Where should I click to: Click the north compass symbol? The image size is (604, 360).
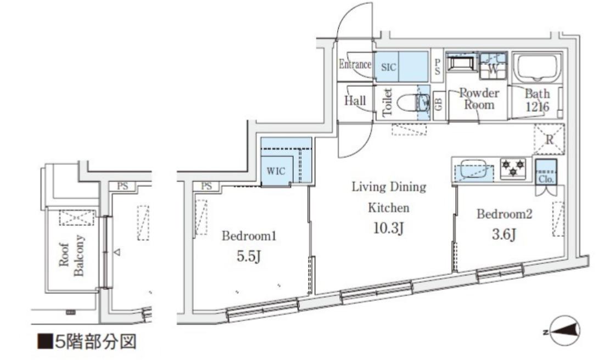564,331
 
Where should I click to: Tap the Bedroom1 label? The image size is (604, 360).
249,235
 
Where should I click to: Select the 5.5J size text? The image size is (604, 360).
249,256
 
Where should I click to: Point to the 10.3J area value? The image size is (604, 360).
388,228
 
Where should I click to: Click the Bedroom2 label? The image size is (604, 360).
504,213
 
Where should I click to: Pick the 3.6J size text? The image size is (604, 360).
504,234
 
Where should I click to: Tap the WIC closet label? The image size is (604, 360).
276,171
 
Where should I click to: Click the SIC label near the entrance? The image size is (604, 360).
388,67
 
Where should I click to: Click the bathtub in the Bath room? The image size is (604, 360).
538,69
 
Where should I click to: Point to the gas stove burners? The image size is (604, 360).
513,168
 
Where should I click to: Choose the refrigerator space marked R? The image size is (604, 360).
549,139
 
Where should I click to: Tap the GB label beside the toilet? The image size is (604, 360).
439,104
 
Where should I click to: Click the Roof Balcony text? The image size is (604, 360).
71,256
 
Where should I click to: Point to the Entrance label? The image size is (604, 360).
355,64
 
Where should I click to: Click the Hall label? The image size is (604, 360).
355,100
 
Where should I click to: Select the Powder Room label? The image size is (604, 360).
479,99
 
